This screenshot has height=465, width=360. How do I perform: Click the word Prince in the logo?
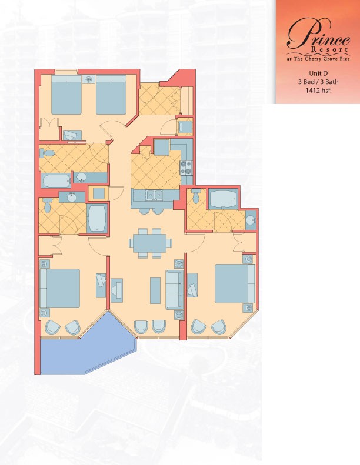(318, 32)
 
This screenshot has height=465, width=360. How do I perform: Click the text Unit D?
(318, 73)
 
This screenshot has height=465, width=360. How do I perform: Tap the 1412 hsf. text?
(318, 91)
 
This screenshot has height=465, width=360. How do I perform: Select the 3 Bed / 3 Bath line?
(318, 82)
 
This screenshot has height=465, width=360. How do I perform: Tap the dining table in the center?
(150, 243)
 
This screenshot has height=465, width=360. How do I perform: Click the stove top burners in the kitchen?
(186, 168)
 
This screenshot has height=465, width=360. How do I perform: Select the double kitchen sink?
(155, 195)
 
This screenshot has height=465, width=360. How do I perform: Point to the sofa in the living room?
(174, 290)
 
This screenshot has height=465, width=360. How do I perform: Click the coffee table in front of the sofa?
(155, 290)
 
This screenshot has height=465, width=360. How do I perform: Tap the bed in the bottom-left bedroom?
(60, 288)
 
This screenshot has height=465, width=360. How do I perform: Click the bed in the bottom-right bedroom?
(235, 283)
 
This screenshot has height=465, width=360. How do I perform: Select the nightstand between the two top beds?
(89, 79)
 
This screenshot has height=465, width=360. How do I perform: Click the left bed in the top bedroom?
(66, 94)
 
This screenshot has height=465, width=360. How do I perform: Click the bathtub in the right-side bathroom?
(223, 199)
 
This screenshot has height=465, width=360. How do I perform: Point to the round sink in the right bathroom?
(251, 220)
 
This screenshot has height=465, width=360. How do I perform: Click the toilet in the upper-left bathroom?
(47, 153)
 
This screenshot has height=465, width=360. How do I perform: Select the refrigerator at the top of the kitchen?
(162, 147)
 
